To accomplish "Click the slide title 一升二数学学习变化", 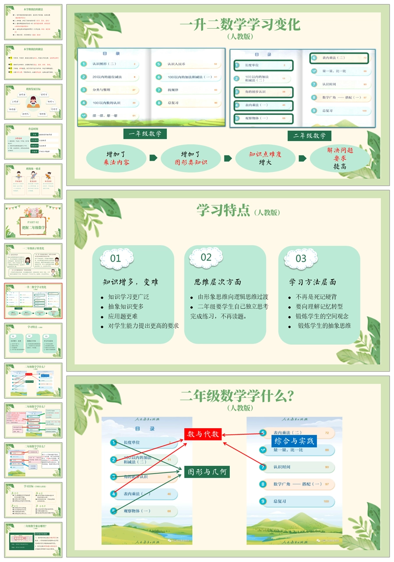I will [240, 24].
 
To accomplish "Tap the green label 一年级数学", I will [145, 134].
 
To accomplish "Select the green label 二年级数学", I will [310, 136].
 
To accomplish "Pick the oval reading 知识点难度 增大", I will [265, 158].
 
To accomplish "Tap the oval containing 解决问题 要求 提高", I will [340, 158].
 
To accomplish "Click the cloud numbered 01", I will [116, 258].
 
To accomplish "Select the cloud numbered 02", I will [206, 257].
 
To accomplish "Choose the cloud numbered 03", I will [301, 258].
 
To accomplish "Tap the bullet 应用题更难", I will [123, 316].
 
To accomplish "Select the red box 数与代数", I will [203, 434].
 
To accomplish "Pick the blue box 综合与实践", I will [294, 441].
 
